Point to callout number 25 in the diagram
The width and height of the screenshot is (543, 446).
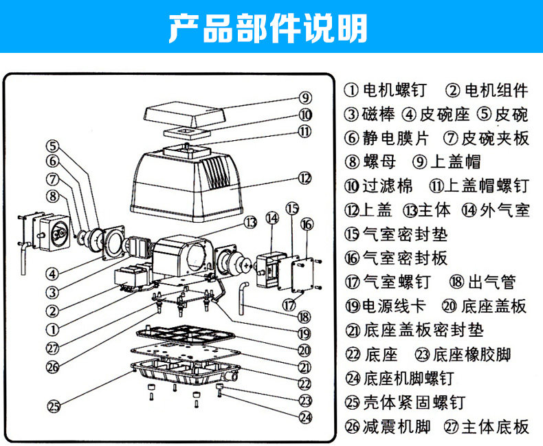pos(54,405)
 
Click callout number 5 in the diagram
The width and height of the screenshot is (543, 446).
pos(54,146)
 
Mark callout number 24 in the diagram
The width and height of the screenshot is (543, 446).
pos(305,416)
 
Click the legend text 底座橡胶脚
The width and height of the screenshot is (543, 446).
pos(472,355)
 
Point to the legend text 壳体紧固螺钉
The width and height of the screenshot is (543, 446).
pos(414,402)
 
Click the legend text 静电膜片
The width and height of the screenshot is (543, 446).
pos(395,137)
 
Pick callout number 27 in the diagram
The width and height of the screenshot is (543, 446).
pos(54,348)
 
